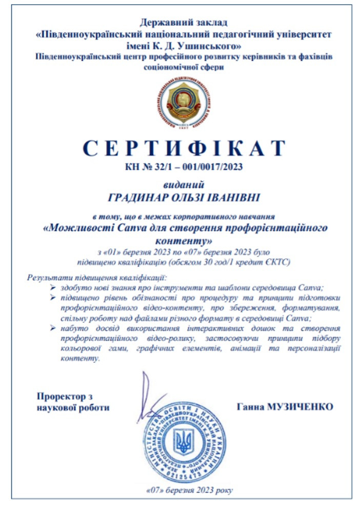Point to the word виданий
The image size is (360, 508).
point(183,183)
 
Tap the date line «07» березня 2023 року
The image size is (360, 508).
point(183,489)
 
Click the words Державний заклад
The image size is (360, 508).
point(183,22)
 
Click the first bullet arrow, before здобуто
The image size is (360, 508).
point(51,287)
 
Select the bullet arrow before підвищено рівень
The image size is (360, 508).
point(51,298)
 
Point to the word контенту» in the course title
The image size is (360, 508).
point(183,239)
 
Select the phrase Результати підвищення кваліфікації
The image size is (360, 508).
point(93,277)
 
